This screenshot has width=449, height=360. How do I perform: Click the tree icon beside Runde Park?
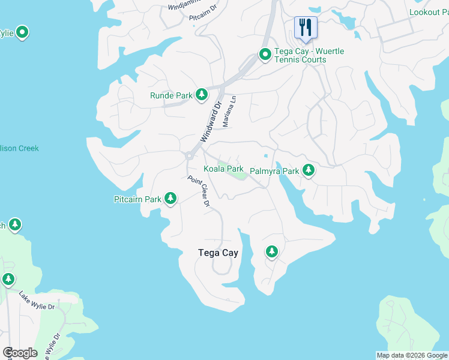[x=202, y=95]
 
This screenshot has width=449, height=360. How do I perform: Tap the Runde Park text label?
[x=171, y=95]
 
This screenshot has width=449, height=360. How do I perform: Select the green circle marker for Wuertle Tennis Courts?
[x=265, y=55]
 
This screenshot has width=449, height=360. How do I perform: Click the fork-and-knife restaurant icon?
[x=306, y=27]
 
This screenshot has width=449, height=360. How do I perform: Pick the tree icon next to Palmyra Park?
[x=309, y=170]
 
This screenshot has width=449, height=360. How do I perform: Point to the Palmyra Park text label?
[x=274, y=171]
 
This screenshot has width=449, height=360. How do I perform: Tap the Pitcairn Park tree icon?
[x=170, y=198]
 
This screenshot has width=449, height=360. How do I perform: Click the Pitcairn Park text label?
[x=137, y=199]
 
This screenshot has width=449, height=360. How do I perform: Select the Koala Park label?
[x=223, y=169]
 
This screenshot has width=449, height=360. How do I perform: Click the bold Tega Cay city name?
[x=218, y=253]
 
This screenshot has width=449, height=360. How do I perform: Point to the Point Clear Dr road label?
[x=198, y=191]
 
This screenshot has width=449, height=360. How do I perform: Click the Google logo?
[x=20, y=353]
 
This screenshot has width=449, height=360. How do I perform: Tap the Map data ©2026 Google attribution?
[x=412, y=355]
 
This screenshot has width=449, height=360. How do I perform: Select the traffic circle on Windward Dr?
[x=188, y=155]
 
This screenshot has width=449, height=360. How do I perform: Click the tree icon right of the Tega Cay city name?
[x=272, y=251]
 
